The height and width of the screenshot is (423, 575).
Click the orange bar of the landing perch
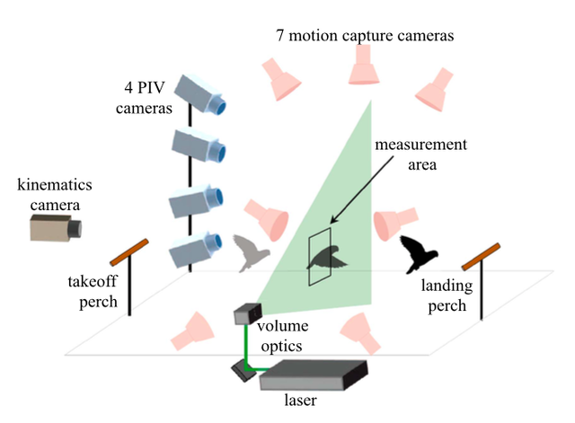point(481,254)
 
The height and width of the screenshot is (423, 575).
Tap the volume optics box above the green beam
point(246,314)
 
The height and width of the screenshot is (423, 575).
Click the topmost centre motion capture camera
point(364,64)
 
